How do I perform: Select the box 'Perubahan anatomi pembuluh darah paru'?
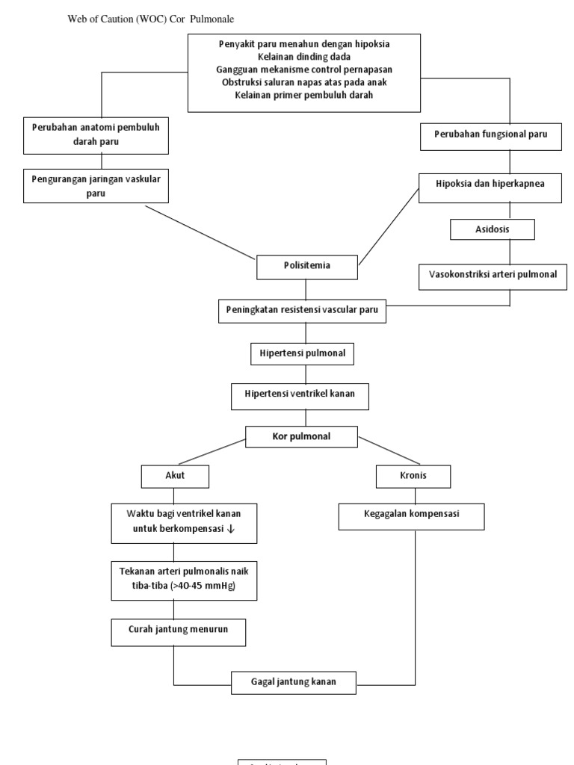click(96, 134)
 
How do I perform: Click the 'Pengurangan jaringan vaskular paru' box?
click(96, 186)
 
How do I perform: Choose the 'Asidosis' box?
click(492, 229)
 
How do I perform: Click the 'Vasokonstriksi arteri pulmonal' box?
click(493, 275)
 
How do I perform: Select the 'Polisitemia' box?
click(306, 266)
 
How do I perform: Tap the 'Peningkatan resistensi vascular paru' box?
click(303, 310)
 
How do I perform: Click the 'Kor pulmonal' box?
click(303, 436)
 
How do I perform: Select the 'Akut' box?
click(175, 476)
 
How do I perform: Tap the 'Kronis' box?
click(414, 476)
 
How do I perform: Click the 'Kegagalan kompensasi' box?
click(412, 515)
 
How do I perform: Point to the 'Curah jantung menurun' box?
click(179, 631)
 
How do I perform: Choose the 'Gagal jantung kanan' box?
click(294, 682)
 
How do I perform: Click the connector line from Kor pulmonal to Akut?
click(213, 453)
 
